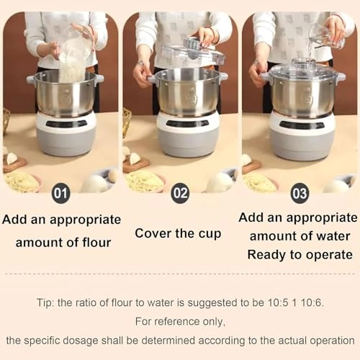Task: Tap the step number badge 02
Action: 180,193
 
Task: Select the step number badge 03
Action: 300,193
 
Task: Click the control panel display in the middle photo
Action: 186,123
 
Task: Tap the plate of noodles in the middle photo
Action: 144,181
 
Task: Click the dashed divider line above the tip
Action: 180,274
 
